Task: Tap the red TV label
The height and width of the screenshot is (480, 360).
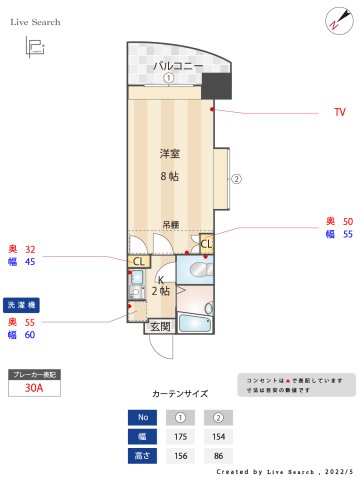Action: pyautogui.click(x=339, y=113)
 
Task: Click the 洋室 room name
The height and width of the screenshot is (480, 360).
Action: pyautogui.click(x=170, y=154)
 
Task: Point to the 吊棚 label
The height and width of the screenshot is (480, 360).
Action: pyautogui.click(x=171, y=225)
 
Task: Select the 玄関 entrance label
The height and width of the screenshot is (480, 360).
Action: pyautogui.click(x=160, y=326)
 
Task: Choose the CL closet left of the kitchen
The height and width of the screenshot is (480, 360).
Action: pyautogui.click(x=140, y=262)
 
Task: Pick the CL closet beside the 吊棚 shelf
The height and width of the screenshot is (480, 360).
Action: pyautogui.click(x=206, y=242)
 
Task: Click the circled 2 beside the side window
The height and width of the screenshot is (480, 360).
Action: pyautogui.click(x=237, y=181)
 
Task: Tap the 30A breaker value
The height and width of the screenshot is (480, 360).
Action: pyautogui.click(x=33, y=390)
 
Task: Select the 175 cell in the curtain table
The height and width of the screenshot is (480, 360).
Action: pyautogui.click(x=182, y=437)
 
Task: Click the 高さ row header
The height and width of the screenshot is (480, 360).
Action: pyautogui.click(x=142, y=456)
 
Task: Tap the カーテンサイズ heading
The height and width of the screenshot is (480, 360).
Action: pyautogui.click(x=180, y=394)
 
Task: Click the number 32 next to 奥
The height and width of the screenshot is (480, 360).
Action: pyautogui.click(x=30, y=248)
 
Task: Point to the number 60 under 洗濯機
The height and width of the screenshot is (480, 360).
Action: pyautogui.click(x=30, y=335)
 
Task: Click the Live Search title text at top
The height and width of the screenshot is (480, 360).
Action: pyautogui.click(x=35, y=21)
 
